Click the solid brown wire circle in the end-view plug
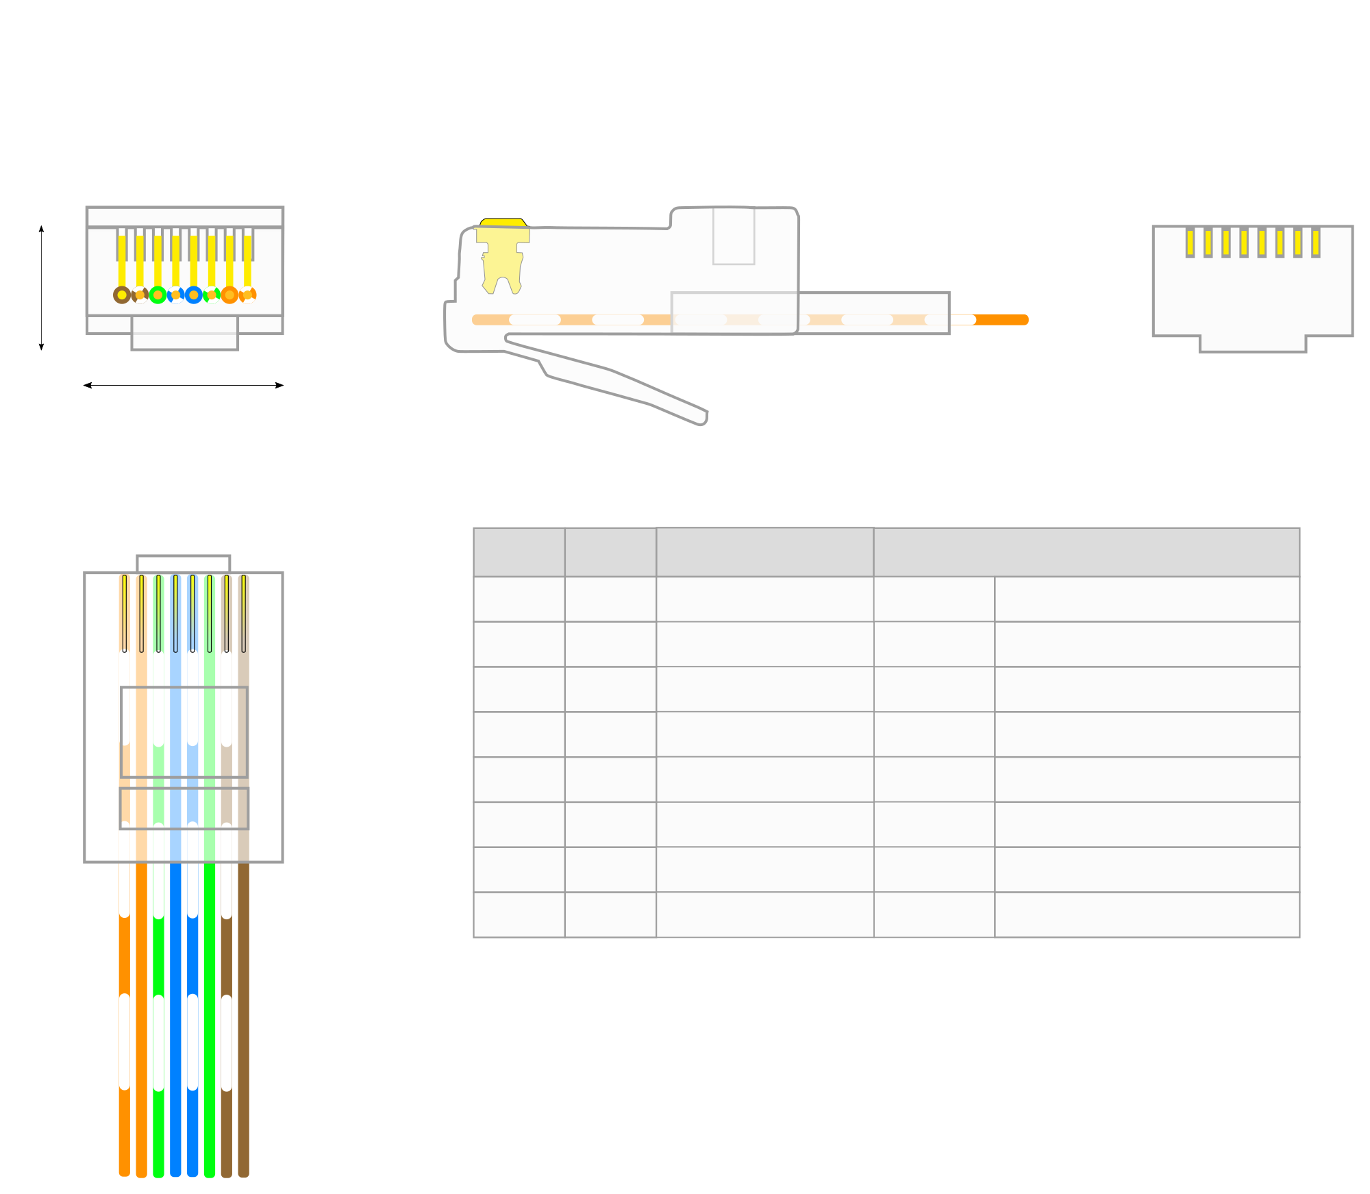pyautogui.click(x=122, y=295)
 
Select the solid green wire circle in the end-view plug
pyautogui.click(x=158, y=295)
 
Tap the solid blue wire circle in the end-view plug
pyautogui.click(x=194, y=295)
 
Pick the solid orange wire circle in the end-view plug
pyautogui.click(x=229, y=295)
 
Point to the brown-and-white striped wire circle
pyautogui.click(x=140, y=295)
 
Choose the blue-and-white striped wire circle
pyautogui.click(x=176, y=295)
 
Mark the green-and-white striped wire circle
pyautogui.click(x=212, y=295)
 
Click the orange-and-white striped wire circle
pyautogui.click(x=247, y=295)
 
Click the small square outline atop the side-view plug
pyautogui.click(x=734, y=236)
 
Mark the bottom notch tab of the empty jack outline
pyautogui.click(x=1253, y=344)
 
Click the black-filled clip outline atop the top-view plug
pyautogui.click(x=184, y=564)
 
